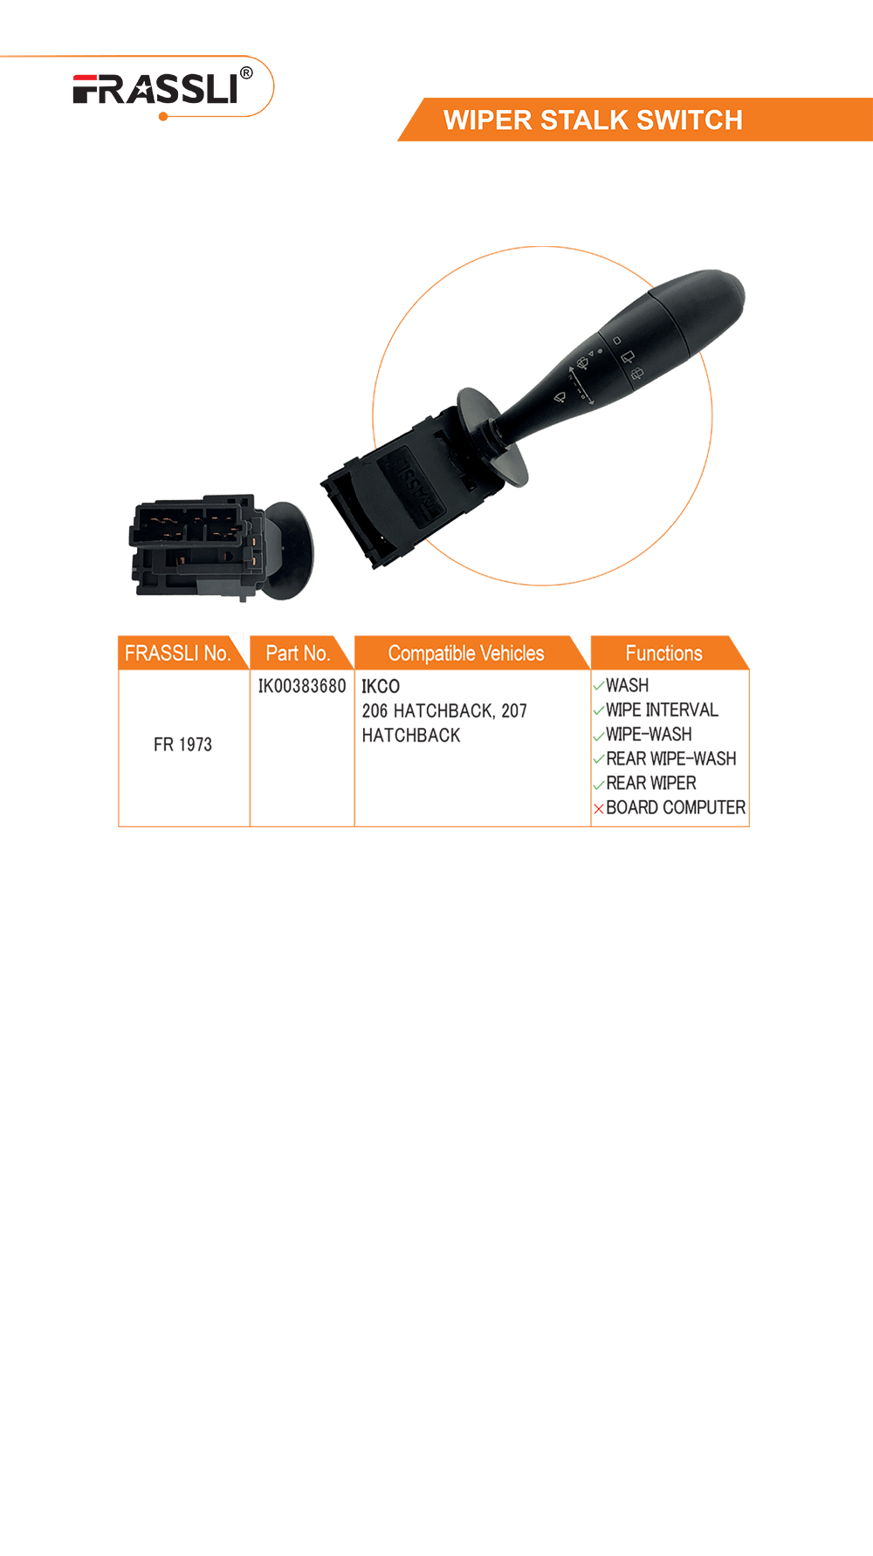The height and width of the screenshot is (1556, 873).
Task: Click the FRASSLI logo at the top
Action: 155,89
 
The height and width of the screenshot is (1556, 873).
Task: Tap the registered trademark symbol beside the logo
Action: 246,73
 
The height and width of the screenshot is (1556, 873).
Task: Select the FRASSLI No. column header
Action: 177,653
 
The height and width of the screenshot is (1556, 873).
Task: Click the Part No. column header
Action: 298,653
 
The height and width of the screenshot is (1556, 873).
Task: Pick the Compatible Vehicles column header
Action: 466,653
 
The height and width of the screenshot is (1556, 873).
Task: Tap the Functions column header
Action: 664,653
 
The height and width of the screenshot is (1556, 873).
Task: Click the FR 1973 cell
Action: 182,744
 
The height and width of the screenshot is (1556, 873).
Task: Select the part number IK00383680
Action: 302,686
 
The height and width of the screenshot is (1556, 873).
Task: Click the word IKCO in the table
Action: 381,687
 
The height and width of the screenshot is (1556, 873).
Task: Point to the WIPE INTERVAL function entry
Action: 662,709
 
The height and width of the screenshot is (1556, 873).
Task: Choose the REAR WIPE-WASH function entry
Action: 671,758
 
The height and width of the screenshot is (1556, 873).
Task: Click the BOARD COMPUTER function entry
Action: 676,807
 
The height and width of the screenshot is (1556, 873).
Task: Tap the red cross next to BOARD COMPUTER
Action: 599,809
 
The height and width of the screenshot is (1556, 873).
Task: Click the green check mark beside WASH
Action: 599,686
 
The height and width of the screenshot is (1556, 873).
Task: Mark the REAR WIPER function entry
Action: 651,783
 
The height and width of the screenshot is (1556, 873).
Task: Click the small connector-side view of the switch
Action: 221,550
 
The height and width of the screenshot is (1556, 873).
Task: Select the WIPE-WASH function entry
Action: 649,734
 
